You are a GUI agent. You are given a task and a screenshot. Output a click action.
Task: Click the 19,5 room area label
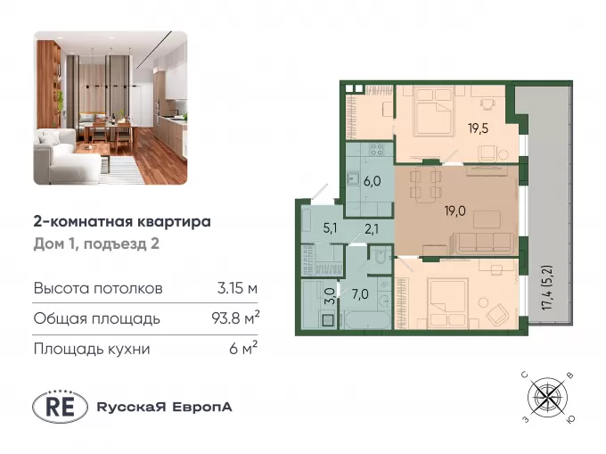point(479,128)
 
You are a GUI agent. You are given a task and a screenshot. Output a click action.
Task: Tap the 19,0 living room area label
point(454,211)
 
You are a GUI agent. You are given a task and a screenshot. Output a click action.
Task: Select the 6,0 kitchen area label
point(373,181)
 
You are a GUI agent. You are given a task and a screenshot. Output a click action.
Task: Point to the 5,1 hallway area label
point(330,228)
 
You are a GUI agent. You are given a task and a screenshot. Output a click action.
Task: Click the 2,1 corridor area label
point(372,229)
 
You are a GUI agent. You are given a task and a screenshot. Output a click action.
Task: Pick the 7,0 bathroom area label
point(359,294)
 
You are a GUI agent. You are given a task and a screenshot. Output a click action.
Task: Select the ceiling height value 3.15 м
point(237,288)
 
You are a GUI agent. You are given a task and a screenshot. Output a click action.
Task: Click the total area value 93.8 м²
point(235,318)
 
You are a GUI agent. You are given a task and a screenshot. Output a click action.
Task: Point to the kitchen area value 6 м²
point(243,349)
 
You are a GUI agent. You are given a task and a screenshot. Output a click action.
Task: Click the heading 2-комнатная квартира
point(122,222)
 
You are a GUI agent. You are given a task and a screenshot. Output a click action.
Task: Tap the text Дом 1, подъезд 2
point(96,244)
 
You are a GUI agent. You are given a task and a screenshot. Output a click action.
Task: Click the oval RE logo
point(60,407)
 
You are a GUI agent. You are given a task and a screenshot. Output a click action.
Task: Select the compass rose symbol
point(548,396)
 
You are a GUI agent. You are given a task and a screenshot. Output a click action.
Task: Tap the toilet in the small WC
point(381,256)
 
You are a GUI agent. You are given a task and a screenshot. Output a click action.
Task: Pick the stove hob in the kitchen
point(376,149)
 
